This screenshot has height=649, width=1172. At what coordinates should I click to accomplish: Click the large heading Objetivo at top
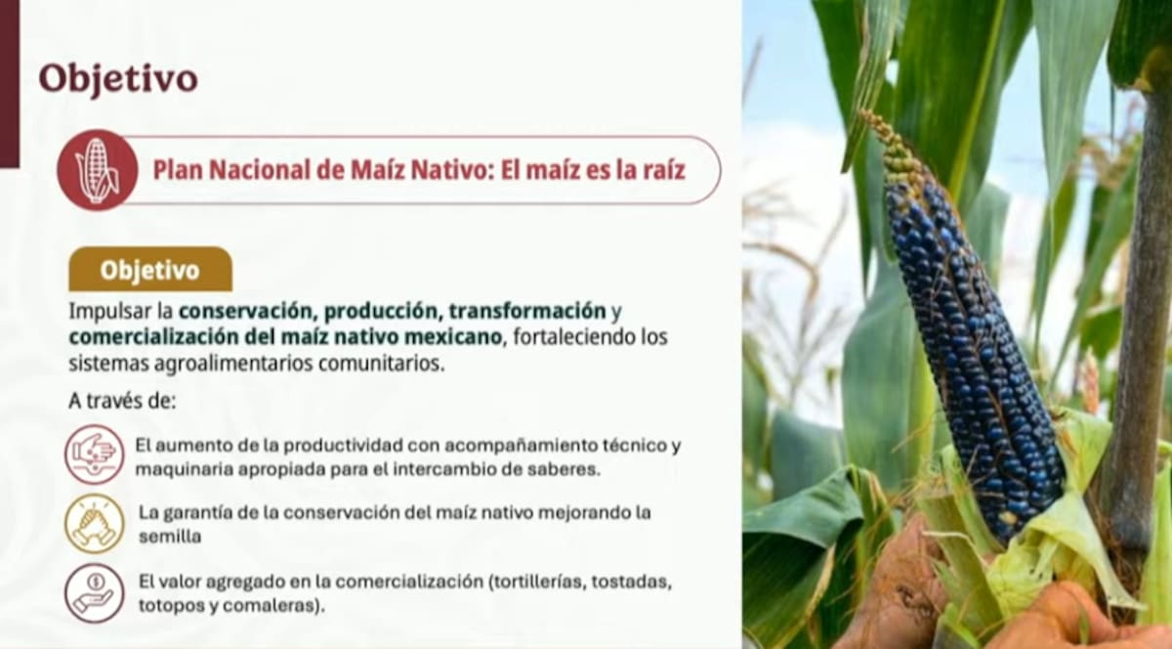click(x=118, y=78)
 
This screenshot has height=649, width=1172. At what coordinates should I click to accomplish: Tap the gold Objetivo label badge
click(x=149, y=270)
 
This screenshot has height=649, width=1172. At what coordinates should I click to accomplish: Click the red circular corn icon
click(x=97, y=170)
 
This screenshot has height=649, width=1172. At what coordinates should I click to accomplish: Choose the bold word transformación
click(x=527, y=312)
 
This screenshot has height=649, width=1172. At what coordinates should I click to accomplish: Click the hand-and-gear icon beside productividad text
click(x=95, y=454)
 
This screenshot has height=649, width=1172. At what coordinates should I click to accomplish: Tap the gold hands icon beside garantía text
click(x=95, y=524)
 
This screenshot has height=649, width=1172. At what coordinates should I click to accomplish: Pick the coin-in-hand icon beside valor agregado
click(x=95, y=592)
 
